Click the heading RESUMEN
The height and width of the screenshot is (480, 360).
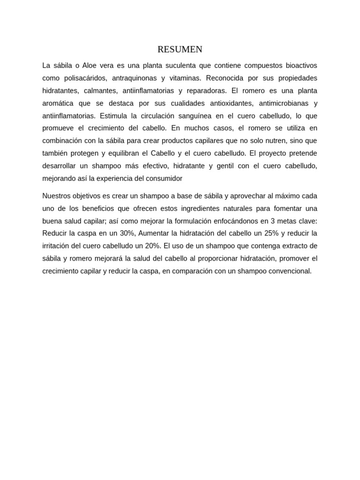click(x=180, y=50)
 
